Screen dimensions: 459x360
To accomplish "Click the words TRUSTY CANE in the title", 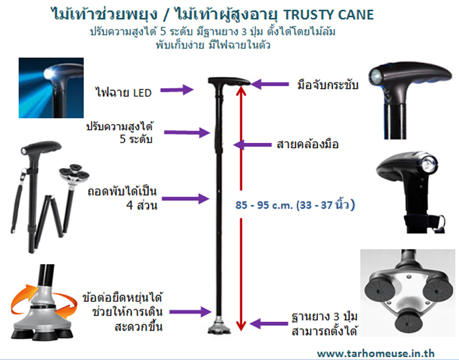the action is (x=329, y=15).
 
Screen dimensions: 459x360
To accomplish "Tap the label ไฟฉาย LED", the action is (x=123, y=93).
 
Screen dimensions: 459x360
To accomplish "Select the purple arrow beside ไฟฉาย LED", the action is (x=177, y=90).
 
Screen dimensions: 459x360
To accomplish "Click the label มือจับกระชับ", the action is (x=328, y=85).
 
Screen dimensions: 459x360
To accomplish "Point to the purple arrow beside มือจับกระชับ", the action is (x=270, y=84).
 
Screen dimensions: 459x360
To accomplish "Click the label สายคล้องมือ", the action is (x=308, y=144).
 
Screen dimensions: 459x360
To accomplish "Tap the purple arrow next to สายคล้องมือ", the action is (x=252, y=145).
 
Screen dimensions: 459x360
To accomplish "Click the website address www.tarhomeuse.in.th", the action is (x=375, y=353).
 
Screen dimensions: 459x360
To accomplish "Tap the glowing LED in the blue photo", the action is (x=49, y=73).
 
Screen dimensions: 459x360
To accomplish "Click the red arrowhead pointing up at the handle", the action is (x=241, y=90).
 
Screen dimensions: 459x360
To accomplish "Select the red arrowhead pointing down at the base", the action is (x=241, y=325).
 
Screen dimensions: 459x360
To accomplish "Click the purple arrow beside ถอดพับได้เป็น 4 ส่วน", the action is (x=185, y=199).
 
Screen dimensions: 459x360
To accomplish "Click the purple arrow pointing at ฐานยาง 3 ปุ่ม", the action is (x=269, y=324).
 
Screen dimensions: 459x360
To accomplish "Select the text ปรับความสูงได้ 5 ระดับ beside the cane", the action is (x=120, y=133).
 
